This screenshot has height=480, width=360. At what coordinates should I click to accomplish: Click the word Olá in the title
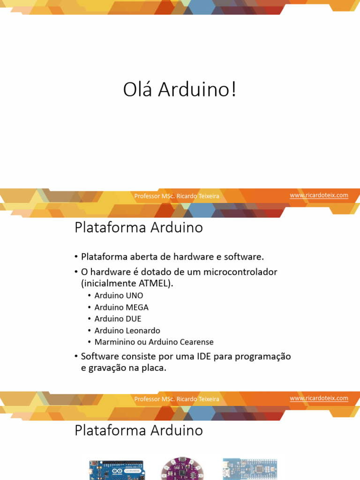coord(137,90)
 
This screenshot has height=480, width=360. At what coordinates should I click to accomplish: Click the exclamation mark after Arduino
coord(233,90)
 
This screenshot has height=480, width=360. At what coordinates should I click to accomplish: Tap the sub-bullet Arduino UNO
coord(119,295)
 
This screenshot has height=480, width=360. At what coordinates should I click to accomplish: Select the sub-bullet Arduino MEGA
coord(121,307)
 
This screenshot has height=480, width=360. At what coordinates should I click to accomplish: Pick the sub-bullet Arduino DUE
coord(118,319)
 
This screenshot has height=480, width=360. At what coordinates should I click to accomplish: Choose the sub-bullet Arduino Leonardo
coord(127,330)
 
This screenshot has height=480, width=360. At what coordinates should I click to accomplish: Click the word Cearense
coord(196,342)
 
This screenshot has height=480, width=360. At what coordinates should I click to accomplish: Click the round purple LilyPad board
coord(181,469)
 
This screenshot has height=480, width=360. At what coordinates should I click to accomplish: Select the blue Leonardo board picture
coord(116,470)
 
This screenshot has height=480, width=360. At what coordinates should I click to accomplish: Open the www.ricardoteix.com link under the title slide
coord(319,195)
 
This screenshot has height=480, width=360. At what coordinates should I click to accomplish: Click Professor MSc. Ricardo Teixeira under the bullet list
coord(177,399)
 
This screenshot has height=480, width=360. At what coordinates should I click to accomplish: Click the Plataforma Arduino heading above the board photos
coord(139,430)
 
